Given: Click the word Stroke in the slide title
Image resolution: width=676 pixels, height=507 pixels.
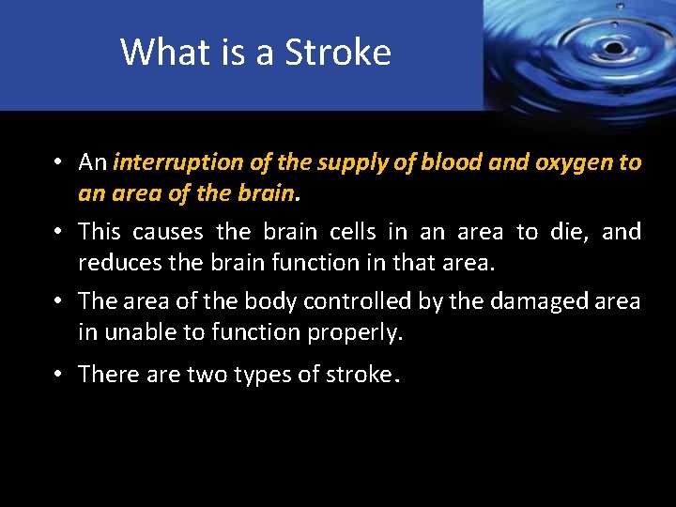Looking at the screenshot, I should (338, 52).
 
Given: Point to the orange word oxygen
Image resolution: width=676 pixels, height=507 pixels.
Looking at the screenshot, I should (573, 163).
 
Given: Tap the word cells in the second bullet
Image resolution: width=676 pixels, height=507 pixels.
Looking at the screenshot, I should (325, 231).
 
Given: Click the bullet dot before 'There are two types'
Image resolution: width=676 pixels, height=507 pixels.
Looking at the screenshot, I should (58, 375).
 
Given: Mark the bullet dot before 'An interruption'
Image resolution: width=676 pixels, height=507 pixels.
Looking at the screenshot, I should (58, 162).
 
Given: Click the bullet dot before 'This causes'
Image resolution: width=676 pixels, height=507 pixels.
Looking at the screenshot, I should (58, 231).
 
